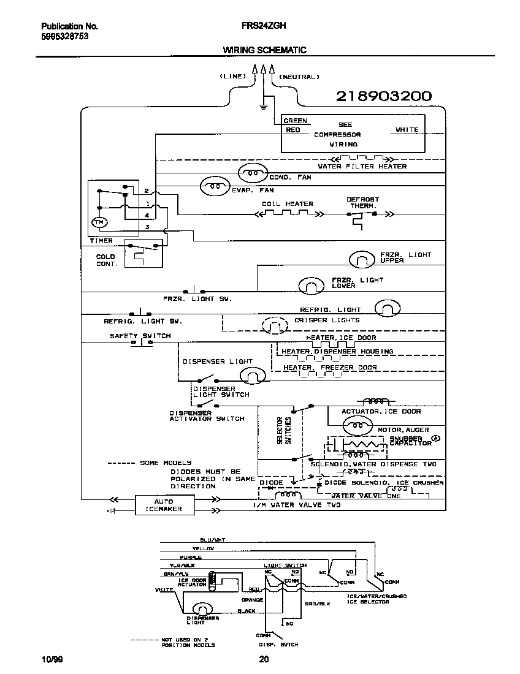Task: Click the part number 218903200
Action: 383,96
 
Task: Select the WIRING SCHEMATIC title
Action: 264,50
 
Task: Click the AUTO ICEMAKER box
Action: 164,505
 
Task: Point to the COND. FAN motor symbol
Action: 252,173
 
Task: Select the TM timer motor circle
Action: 98,222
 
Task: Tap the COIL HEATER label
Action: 287,204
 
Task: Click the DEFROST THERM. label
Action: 362,203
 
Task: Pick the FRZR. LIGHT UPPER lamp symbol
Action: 361,260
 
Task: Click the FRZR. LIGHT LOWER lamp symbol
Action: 311,285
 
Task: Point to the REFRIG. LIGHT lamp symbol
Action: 387,308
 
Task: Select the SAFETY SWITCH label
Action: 140,336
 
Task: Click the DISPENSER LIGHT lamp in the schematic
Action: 252,375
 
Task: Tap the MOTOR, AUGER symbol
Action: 355,424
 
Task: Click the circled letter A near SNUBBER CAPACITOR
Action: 436,438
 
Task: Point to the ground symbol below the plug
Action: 263,107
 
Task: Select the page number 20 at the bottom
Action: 264,659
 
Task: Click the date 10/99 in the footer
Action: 52,659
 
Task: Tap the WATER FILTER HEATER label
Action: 362,166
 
